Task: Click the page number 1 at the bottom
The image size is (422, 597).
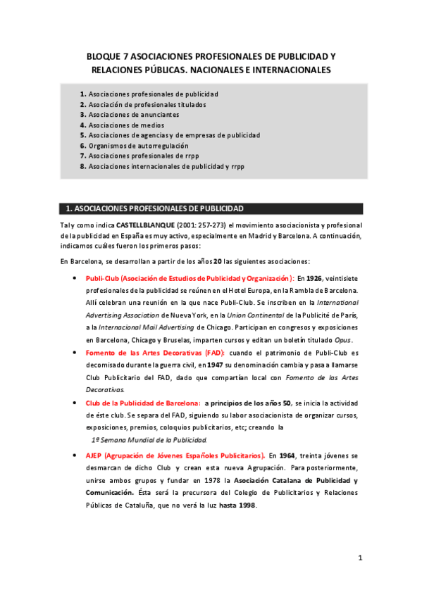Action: coord(359,558)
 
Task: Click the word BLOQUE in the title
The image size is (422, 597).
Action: coord(104,56)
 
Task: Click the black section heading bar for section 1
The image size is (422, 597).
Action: coord(211,208)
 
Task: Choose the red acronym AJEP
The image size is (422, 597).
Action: coord(95,455)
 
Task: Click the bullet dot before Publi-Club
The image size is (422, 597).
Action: coord(75,279)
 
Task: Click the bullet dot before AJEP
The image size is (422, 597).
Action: coord(75,455)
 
